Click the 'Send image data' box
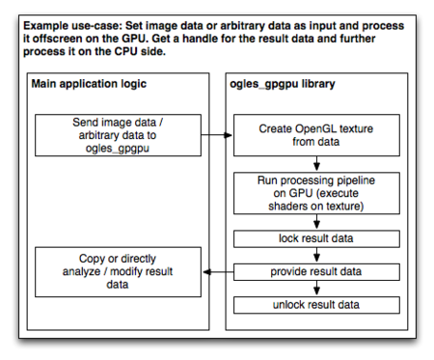pos(117,137)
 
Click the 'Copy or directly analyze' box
pos(117,272)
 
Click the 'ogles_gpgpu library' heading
pos(282,84)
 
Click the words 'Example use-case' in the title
pos(72,23)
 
